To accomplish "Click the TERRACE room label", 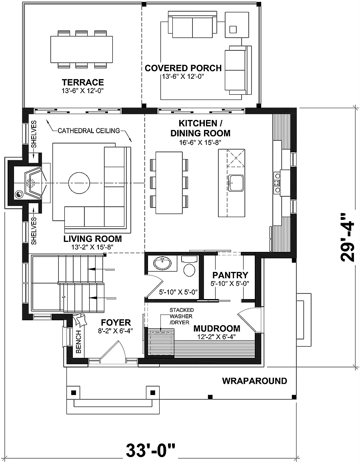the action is [x=83, y=82].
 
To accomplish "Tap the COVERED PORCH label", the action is [x=183, y=68].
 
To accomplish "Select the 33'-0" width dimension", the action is [x=151, y=450].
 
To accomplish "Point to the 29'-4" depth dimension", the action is [x=347, y=237].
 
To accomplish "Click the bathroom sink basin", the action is [x=162, y=263].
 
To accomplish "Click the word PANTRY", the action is [x=230, y=275].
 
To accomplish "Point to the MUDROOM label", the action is [x=217, y=328].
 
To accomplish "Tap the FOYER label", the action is [x=116, y=322].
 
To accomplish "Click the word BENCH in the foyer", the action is [x=78, y=341].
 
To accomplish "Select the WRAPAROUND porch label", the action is [x=254, y=381].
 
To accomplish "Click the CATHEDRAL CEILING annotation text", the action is [x=88, y=130].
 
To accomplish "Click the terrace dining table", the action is [x=82, y=49].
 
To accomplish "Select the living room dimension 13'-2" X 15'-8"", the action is [x=88, y=247].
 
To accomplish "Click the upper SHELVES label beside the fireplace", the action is [x=34, y=134].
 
